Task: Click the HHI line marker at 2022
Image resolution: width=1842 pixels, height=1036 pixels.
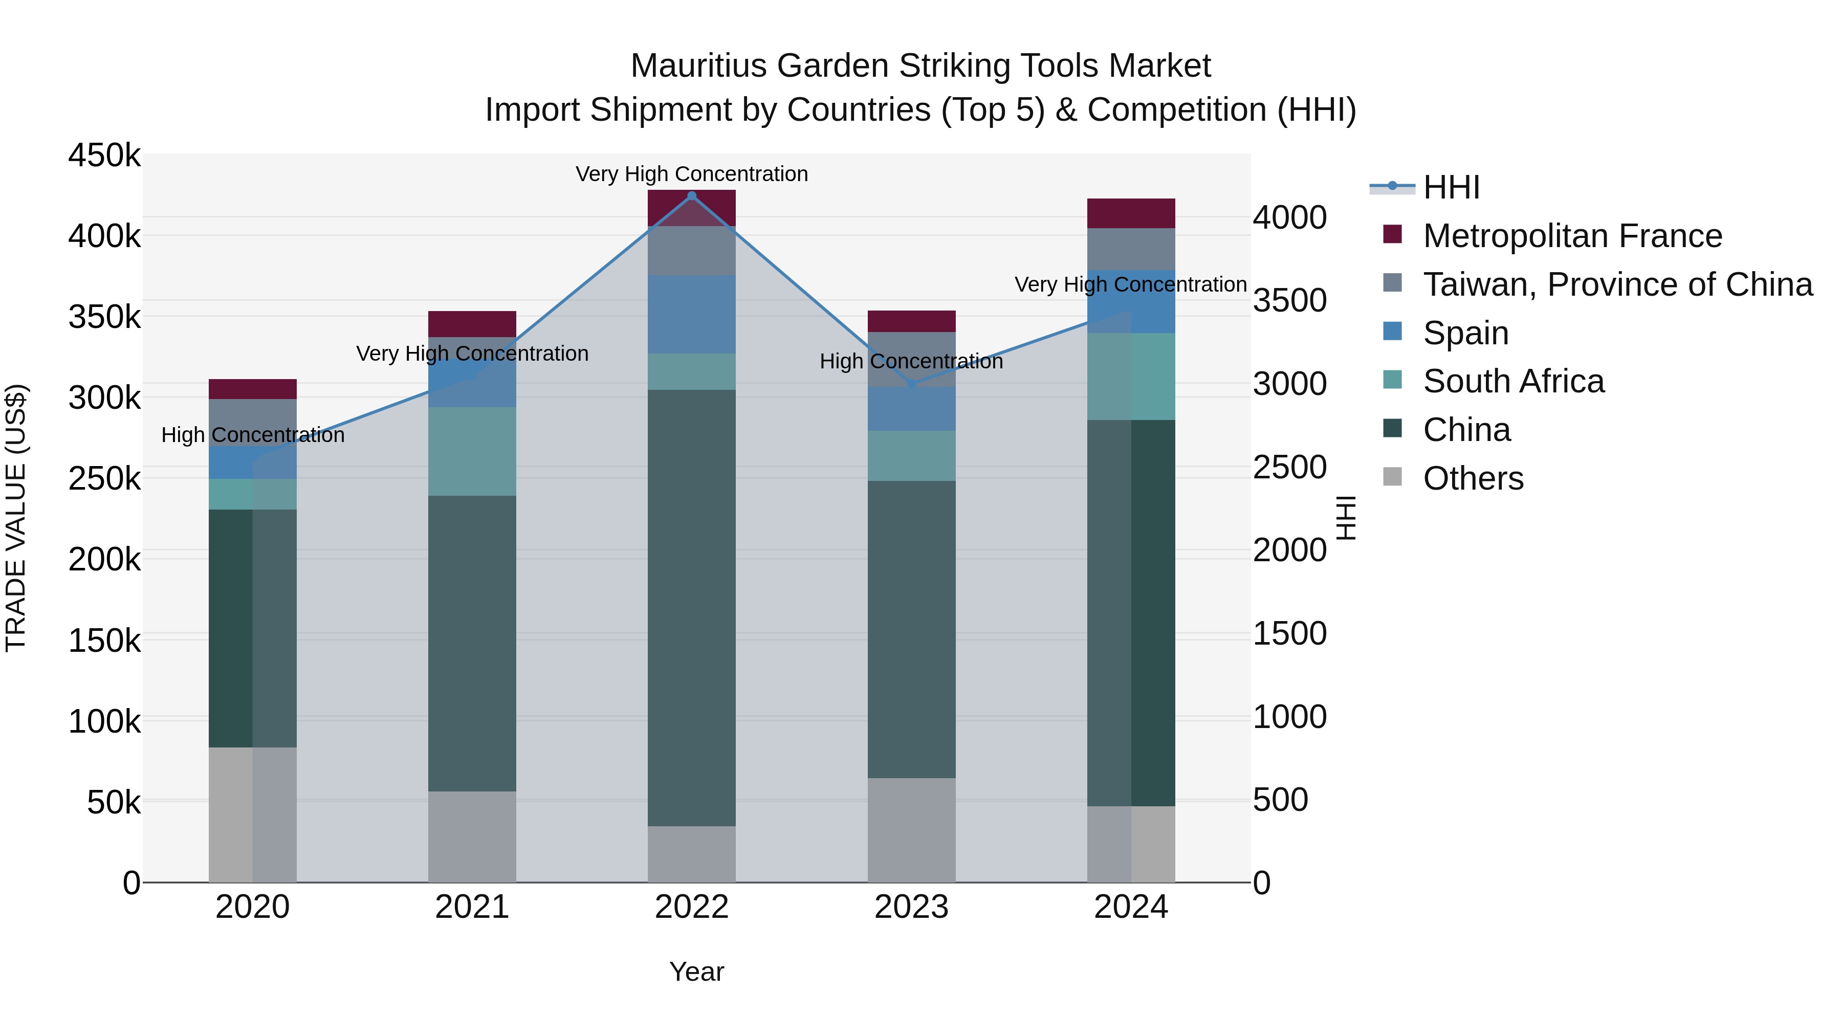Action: click(x=691, y=196)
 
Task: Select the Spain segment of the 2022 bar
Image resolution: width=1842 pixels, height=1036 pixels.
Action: click(x=691, y=315)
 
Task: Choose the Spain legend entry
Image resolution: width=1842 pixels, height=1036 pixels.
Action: click(x=1465, y=333)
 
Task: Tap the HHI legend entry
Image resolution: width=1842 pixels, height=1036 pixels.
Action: click(x=1451, y=187)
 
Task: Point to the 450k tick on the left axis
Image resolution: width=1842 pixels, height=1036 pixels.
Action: click(x=104, y=155)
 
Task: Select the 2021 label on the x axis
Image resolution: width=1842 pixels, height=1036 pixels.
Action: click(x=472, y=907)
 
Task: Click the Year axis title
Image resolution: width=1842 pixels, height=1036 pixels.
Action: click(x=696, y=972)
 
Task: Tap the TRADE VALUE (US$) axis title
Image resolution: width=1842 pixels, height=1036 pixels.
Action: click(x=16, y=518)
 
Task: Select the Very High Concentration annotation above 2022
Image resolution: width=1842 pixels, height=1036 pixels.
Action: click(x=691, y=174)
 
